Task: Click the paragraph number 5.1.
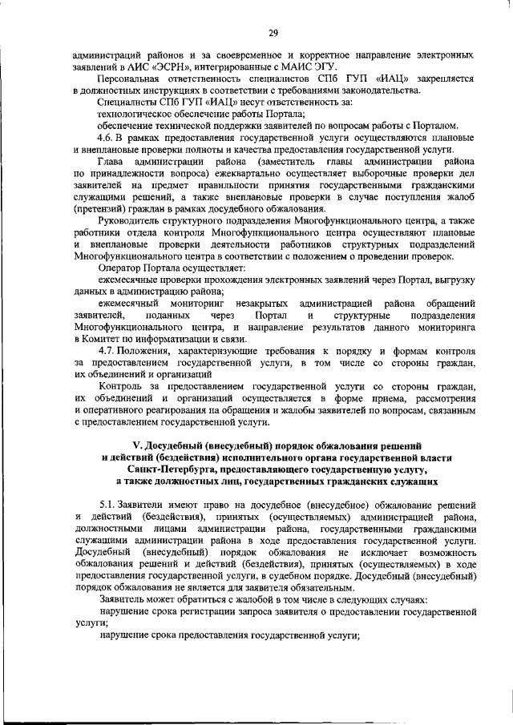108,506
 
